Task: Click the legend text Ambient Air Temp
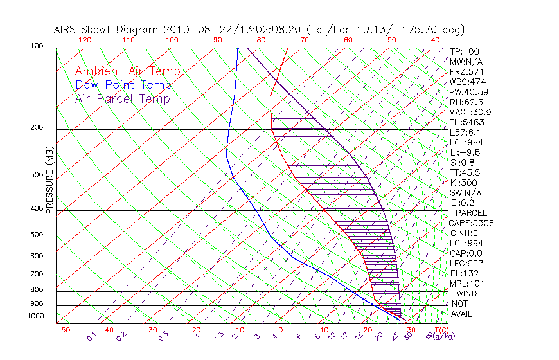[x=127, y=71]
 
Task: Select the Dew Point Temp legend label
[x=123, y=85]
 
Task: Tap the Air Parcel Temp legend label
[x=122, y=98]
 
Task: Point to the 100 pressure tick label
[x=37, y=46]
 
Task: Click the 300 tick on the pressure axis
[x=37, y=175]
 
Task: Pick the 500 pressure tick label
[x=37, y=235]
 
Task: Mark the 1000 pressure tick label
[x=35, y=316]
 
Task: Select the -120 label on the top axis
[x=82, y=40]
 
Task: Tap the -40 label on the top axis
[x=432, y=40]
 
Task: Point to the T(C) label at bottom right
[x=439, y=330]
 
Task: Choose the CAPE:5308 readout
[x=471, y=223]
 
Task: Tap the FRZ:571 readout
[x=465, y=72]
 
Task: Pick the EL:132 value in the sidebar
[x=463, y=273]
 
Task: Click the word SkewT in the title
[x=106, y=30]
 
